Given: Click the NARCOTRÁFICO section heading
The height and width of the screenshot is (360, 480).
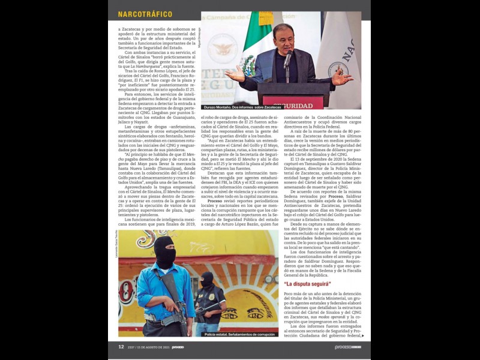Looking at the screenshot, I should point(145,14).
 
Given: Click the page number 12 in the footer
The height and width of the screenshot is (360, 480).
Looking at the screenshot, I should point(121,347).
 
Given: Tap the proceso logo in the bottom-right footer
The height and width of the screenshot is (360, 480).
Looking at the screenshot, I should point(347,347).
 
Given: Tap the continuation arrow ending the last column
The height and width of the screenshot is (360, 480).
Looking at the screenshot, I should point(362,336).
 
